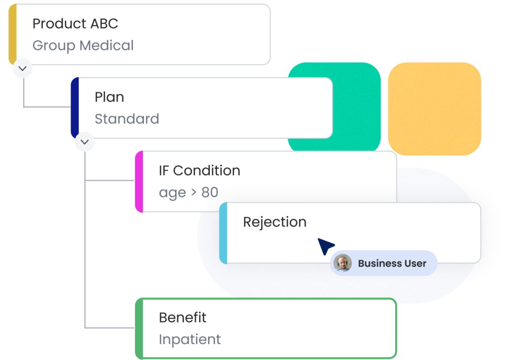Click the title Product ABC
(75, 24)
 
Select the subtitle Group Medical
(83, 45)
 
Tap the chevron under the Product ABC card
(22, 68)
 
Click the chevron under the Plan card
(84, 142)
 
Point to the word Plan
(109, 97)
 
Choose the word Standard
(127, 119)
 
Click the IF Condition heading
(200, 171)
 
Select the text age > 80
(188, 193)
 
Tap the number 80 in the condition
(210, 193)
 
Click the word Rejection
(275, 222)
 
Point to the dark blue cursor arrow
(325, 246)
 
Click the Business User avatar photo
(342, 263)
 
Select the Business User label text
(392, 264)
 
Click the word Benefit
(183, 318)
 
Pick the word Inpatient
(190, 340)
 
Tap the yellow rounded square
(434, 109)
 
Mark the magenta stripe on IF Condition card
(139, 182)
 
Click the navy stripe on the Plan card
(75, 108)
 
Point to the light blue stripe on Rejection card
(223, 233)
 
